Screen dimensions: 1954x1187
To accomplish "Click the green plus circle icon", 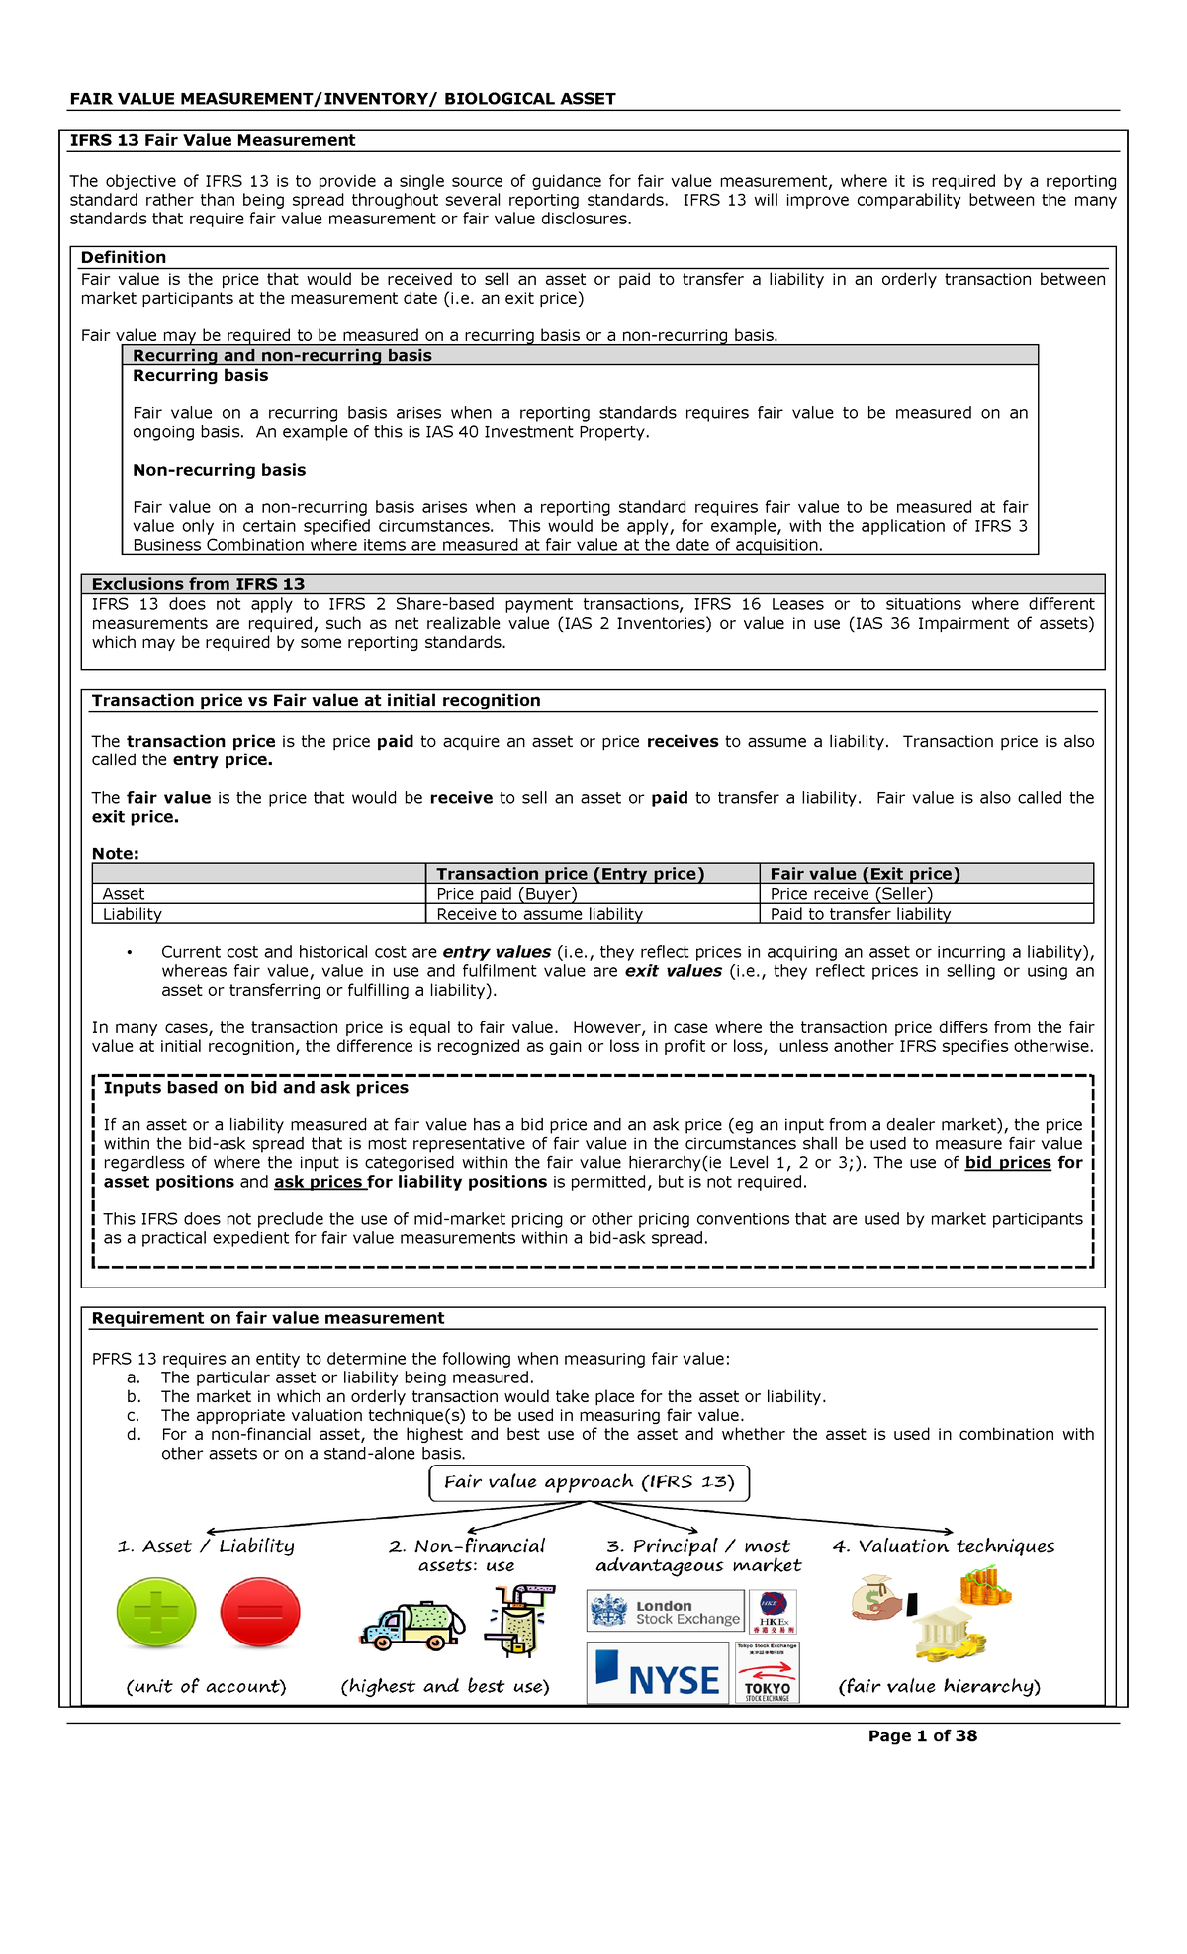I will [x=156, y=1612].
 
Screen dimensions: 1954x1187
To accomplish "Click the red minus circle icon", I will [x=260, y=1612].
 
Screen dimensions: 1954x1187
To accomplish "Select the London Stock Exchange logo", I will [x=665, y=1611].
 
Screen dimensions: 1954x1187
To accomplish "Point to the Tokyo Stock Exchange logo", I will [x=768, y=1673].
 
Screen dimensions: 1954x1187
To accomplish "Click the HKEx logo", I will [x=774, y=1611].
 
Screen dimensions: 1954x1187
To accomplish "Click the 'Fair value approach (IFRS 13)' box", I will [x=590, y=1482].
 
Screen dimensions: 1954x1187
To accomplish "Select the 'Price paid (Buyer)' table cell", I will [x=506, y=894].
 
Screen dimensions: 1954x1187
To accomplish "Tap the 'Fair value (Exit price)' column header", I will [x=865, y=874].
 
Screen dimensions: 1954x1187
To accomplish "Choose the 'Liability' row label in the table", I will [x=133, y=914].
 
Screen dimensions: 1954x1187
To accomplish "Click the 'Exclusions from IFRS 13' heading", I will [x=198, y=584].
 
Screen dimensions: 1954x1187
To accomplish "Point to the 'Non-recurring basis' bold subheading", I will [x=219, y=470].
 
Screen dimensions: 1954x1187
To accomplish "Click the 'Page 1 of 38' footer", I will [x=922, y=1735].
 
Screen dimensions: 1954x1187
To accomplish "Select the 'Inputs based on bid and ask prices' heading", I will [x=255, y=1088].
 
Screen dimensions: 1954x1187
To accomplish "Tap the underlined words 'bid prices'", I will [x=1007, y=1163].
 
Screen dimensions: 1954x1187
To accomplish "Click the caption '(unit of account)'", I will [x=206, y=1686].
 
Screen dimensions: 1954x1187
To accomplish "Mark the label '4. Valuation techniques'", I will [x=943, y=1546].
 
